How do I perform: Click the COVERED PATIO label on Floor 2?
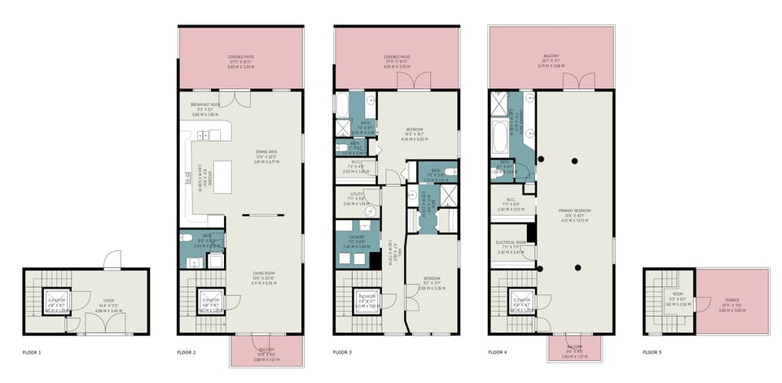241,58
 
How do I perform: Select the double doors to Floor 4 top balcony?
574,82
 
